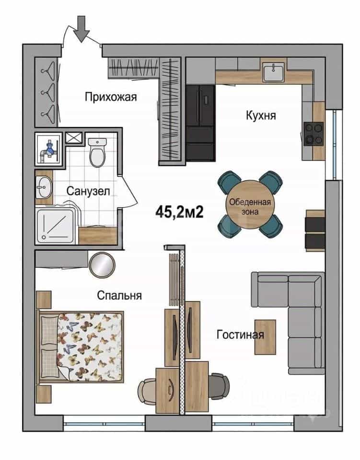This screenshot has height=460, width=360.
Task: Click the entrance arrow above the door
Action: tap(81, 29)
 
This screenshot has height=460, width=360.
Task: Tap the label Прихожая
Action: tap(111, 97)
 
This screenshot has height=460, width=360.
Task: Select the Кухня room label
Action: tap(261, 115)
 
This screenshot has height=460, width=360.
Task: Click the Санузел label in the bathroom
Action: tap(88, 191)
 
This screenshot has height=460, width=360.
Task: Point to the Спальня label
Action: tap(119, 295)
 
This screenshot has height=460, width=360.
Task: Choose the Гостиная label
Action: tap(240, 334)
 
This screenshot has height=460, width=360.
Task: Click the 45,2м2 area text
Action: tap(180, 211)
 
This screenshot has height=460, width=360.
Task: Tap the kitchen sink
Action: tap(273, 72)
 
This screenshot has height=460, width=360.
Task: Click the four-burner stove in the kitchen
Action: tap(314, 134)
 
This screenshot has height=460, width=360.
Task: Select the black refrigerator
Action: tap(201, 123)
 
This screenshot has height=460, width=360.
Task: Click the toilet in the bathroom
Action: tap(97, 152)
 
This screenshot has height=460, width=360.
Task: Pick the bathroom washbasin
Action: tap(44, 187)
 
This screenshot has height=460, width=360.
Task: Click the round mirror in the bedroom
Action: tap(102, 265)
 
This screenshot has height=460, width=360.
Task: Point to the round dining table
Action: tap(250, 205)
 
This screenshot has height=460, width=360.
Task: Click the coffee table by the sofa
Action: tap(265, 337)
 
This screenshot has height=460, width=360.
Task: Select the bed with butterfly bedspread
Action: tap(80, 347)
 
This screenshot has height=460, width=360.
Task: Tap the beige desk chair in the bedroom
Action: tap(147, 392)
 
